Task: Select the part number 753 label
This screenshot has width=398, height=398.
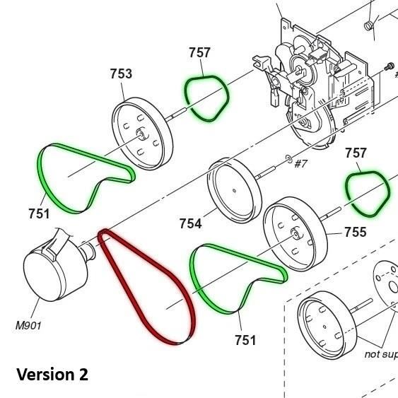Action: pos(122,74)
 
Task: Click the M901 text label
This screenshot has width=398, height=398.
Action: pos(28,326)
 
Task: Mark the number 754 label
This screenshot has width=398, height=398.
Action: pos(190,224)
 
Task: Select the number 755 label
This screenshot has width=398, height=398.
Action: pos(355,232)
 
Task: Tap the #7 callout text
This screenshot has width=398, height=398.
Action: pos(300,164)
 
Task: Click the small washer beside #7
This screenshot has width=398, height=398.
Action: pos(288,157)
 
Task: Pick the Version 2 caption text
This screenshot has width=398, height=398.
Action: pos(52,374)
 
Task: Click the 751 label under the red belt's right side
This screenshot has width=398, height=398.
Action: pos(245,340)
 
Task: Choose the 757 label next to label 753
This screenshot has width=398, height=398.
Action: pos(200,52)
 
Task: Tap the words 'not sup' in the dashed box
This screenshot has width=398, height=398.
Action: pos(380,354)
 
